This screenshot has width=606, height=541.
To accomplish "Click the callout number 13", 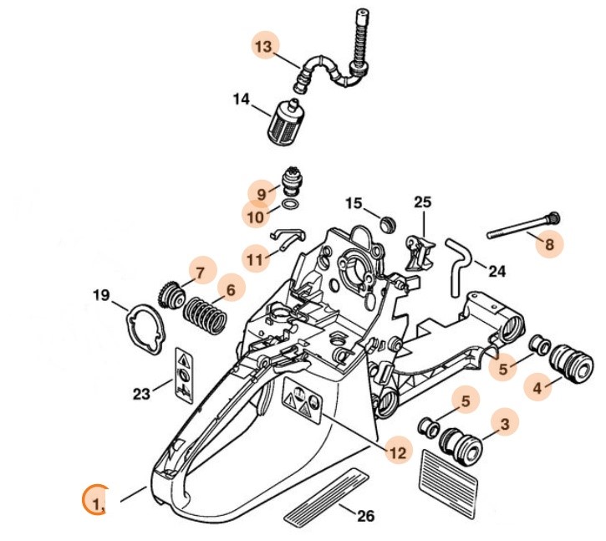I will pyautogui.click(x=263, y=47).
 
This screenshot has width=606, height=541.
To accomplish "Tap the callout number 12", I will pyautogui.click(x=398, y=452).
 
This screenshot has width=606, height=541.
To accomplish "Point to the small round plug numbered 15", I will pyautogui.click(x=386, y=224).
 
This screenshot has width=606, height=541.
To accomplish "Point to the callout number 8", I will pyautogui.click(x=548, y=244).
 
